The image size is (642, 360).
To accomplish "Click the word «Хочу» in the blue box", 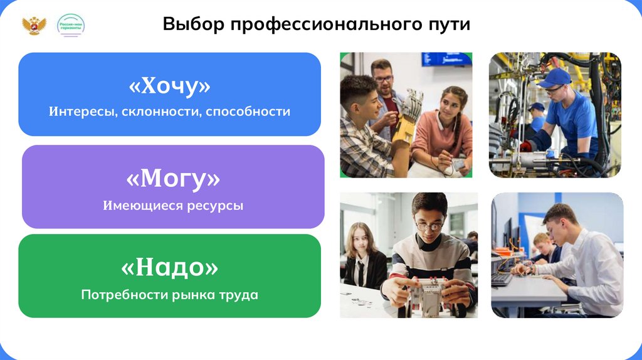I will coord(170,86).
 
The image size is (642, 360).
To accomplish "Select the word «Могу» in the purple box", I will coord(173,179).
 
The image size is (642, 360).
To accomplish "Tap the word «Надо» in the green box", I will coord(170,268).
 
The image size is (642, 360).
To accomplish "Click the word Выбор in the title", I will coord(192,24).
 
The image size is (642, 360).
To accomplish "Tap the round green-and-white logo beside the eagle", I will coord(70,26).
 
